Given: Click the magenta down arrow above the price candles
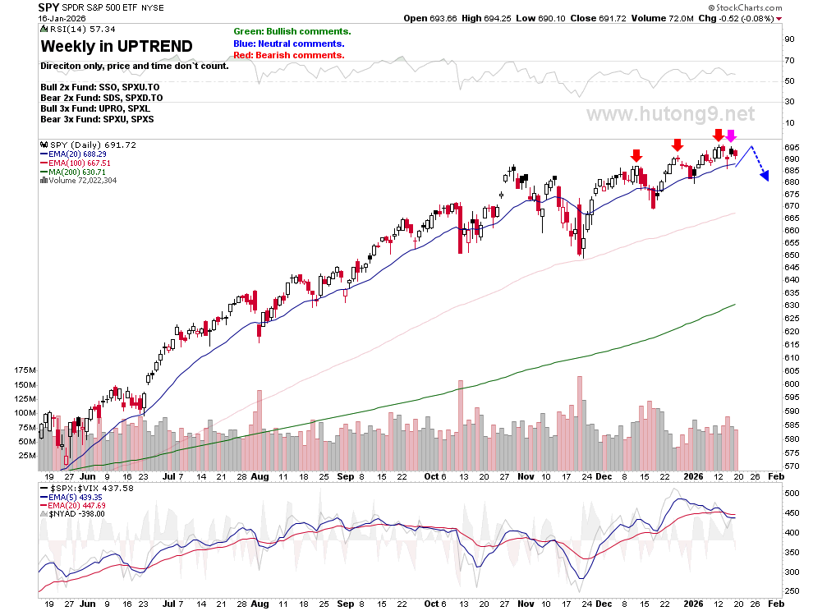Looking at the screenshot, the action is click(731, 136).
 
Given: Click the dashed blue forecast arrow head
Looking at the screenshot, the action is click(765, 177).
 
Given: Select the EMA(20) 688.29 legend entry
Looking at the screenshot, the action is click(74, 154).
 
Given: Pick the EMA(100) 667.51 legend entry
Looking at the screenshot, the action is click(76, 163).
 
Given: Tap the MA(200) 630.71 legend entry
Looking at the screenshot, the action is click(73, 172).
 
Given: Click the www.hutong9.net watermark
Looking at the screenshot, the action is click(670, 113).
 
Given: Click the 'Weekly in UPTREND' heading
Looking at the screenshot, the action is click(117, 46).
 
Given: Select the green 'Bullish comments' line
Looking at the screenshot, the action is click(292, 32).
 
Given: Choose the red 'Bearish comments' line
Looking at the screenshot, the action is click(289, 55).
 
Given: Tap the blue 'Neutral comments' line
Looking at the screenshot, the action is click(289, 44).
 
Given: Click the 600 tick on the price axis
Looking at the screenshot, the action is click(792, 384).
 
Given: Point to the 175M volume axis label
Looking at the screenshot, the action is click(25, 370).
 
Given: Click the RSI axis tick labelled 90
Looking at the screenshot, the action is click(790, 39).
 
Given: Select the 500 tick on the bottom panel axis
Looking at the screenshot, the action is click(792, 493).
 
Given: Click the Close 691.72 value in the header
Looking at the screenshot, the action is click(599, 18).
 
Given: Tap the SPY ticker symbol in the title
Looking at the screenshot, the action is click(48, 7).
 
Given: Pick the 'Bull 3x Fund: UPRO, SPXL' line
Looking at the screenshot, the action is click(95, 108).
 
